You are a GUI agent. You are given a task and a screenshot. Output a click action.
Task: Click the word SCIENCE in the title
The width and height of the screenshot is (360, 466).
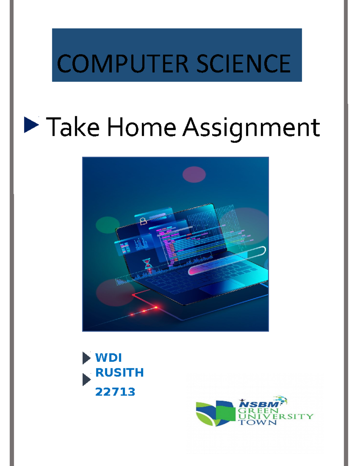point(243,64)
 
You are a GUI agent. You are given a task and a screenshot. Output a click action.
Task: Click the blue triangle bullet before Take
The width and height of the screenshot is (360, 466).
point(31,125)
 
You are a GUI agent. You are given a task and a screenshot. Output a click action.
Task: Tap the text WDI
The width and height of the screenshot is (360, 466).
point(108,358)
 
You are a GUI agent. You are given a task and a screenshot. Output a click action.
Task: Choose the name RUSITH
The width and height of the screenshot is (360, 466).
point(119,373)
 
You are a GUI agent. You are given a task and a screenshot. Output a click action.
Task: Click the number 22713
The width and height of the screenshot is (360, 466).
point(115,392)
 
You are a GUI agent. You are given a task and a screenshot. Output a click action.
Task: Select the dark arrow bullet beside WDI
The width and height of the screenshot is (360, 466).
point(86,358)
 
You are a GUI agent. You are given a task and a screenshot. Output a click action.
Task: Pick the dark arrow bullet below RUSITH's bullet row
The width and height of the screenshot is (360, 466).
point(86,380)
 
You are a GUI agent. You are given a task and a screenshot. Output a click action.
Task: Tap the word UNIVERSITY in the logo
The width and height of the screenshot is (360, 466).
point(275,416)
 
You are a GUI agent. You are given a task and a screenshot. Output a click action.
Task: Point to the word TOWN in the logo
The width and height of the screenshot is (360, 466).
point(257,422)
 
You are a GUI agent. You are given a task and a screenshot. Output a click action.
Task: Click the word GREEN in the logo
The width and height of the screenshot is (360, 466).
point(258,410)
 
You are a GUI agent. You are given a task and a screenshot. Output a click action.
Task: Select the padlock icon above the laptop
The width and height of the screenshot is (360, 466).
point(143,221)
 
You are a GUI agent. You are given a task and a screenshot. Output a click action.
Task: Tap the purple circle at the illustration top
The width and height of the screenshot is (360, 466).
point(194,174)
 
